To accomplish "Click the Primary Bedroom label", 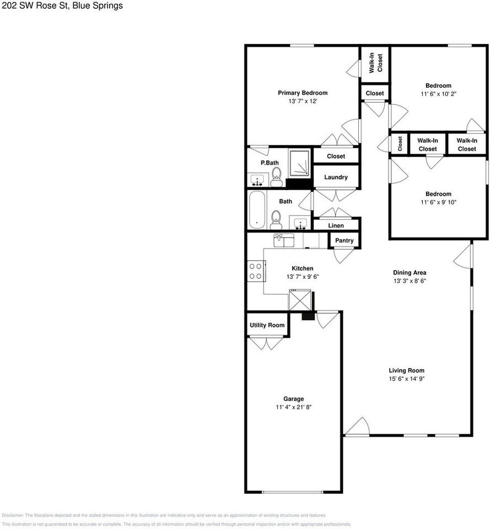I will coord(302,93).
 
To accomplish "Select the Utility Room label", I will coord(267,325).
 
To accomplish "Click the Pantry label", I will coord(344,241).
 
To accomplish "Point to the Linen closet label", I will coord(336,225).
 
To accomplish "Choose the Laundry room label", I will coord(336,177).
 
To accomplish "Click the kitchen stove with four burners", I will coord(256,271).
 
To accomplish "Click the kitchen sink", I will coord(284,240).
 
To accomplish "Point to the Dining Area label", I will coord(410,272).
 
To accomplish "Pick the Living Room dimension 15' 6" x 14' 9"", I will coord(406,379).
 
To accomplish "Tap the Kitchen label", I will coord(303,268).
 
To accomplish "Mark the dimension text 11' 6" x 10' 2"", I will coord(438,94).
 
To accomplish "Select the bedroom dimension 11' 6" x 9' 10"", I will coord(438,202).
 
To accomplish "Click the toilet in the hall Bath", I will coord(276,219).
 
